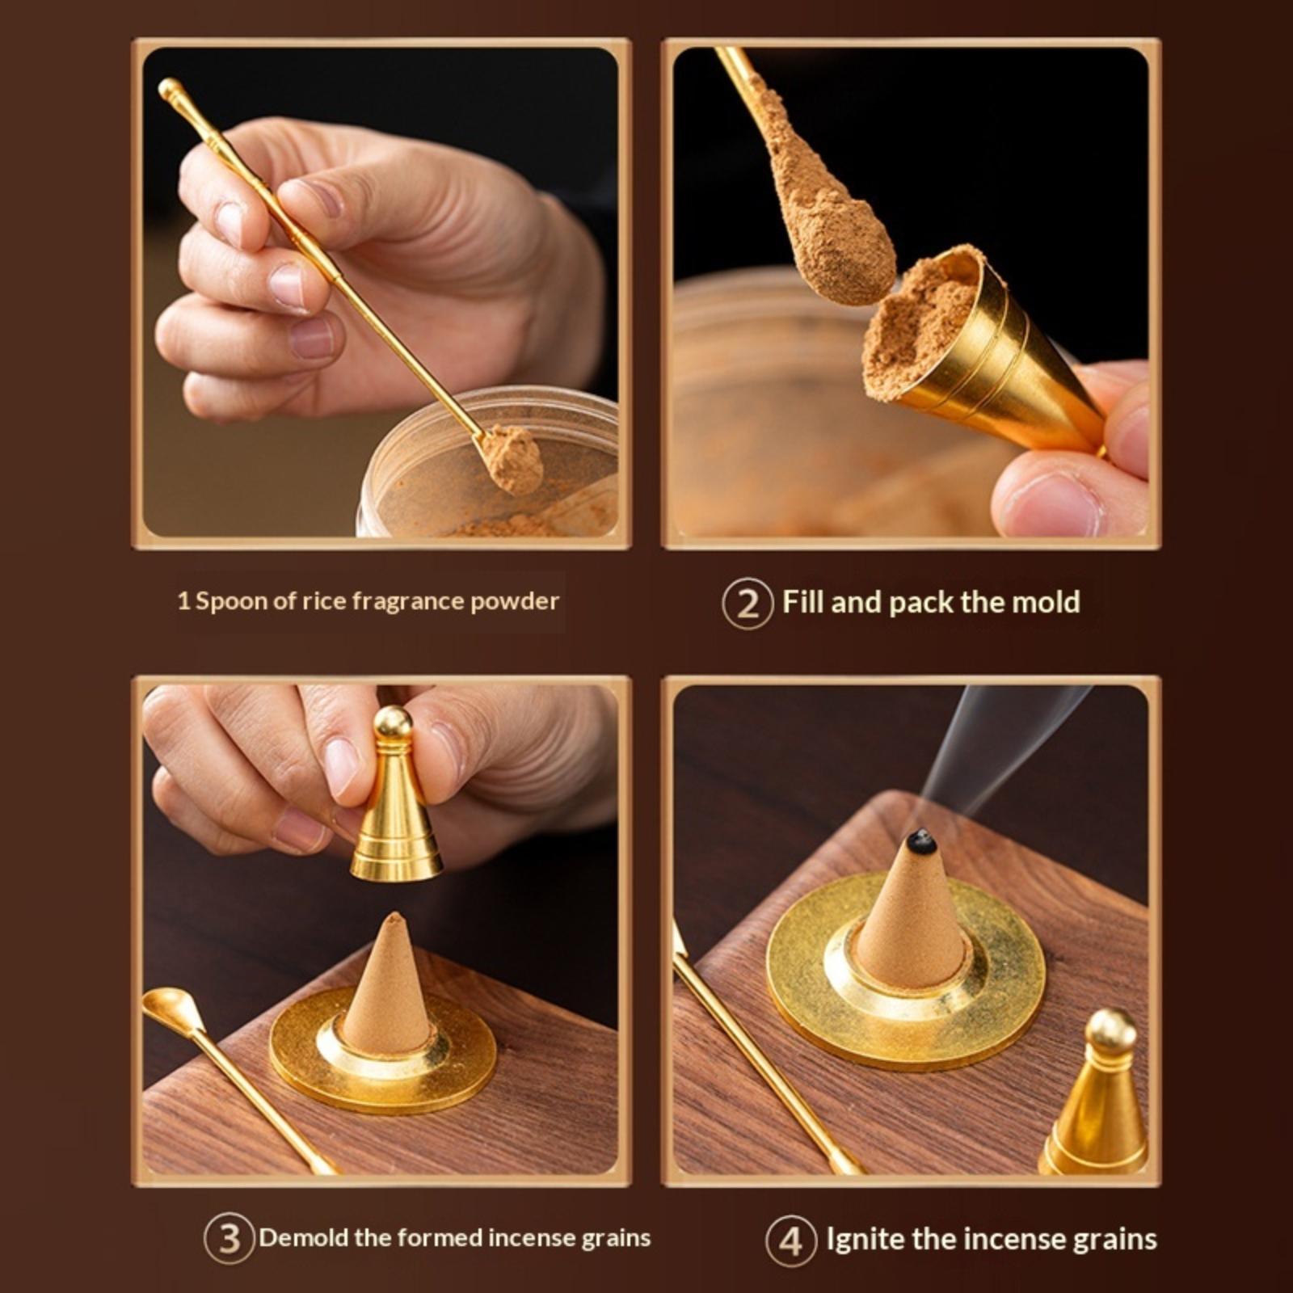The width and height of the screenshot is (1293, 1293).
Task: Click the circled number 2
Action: [748, 603]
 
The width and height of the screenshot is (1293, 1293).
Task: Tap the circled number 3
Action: [230, 1239]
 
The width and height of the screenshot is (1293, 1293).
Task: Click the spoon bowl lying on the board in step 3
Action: [173, 1011]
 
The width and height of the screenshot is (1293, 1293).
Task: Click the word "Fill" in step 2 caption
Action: [803, 602]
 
